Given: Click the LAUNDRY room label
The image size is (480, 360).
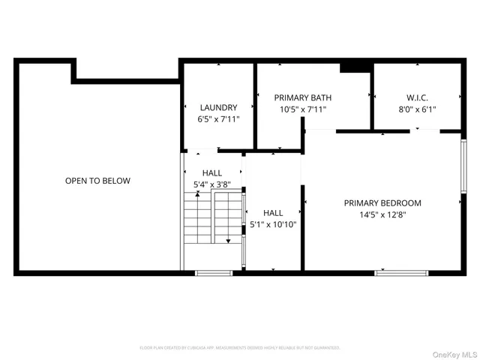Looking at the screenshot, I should point(218,107).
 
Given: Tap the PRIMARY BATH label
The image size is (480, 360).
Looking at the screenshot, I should point(302,97).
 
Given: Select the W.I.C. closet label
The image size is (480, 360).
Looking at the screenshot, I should point(416,97).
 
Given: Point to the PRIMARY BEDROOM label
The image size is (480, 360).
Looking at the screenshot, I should point(382,202).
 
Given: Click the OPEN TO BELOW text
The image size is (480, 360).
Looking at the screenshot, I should point(97,181).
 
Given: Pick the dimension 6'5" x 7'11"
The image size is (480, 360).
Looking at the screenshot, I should point(218,119).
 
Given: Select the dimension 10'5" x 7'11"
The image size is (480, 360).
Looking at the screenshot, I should point(302,109).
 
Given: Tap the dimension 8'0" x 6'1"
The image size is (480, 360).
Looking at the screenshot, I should point(416,109).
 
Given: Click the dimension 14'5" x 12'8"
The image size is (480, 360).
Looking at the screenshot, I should point(382,214).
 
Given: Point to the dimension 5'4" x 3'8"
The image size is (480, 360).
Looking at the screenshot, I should point(212,184).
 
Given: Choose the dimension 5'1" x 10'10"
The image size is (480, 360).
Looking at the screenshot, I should point(273,224).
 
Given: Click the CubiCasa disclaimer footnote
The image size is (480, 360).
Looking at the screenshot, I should point(240,348).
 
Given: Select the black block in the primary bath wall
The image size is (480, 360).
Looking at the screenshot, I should point(355,67).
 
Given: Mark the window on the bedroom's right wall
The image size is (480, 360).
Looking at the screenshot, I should point(463,172).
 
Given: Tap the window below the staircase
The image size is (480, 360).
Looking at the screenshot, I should point(212,272).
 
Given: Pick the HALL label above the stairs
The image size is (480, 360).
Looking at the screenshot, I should point(212,172).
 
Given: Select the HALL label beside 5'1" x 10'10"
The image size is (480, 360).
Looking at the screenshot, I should point(273,213).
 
